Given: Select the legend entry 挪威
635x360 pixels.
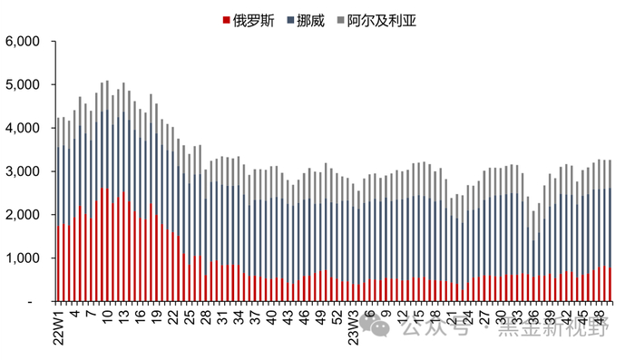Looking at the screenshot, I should [315, 19].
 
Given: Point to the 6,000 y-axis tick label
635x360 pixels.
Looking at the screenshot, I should [23, 42].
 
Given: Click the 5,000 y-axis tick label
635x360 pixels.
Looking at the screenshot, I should [23, 85].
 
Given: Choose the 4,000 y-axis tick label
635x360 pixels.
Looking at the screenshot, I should [23, 129].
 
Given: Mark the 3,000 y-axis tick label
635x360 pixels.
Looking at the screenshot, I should [23, 171].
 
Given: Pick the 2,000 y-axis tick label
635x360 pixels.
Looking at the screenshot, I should [23, 215].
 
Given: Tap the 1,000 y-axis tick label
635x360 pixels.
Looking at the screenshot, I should [23, 258].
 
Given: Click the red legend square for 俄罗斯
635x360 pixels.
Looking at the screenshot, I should [227, 19].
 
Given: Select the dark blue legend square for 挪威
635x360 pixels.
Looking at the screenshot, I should [290, 19].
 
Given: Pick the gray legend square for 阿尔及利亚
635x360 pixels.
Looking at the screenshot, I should [341, 19].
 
